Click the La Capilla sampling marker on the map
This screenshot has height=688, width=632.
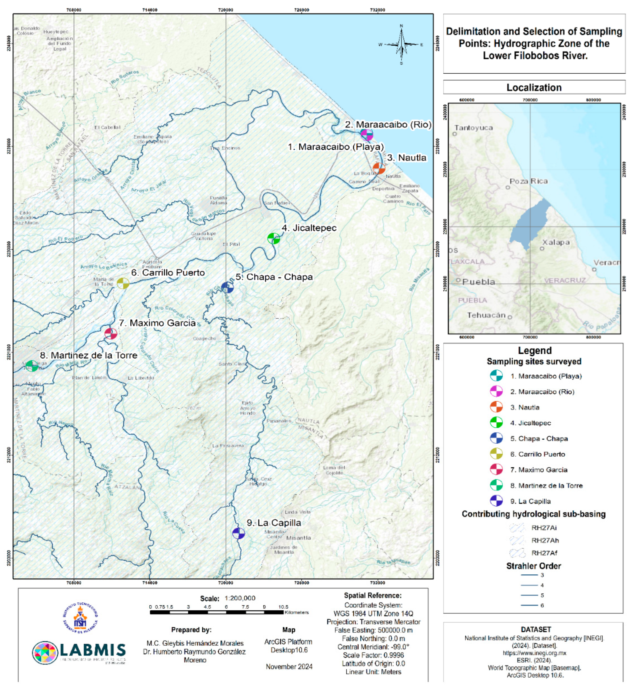click(x=238, y=533)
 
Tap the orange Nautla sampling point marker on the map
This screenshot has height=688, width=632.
click(x=379, y=168)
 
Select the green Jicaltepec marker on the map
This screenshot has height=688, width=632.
click(x=274, y=238)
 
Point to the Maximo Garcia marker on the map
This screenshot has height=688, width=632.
click(x=111, y=334)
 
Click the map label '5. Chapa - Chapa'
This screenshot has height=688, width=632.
click(x=274, y=277)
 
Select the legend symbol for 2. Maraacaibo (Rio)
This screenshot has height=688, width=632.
click(x=496, y=391)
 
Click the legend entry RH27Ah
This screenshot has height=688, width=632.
click(x=545, y=540)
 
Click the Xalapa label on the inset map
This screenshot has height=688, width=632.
click(x=556, y=242)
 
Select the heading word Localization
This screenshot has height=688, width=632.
click(x=534, y=88)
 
